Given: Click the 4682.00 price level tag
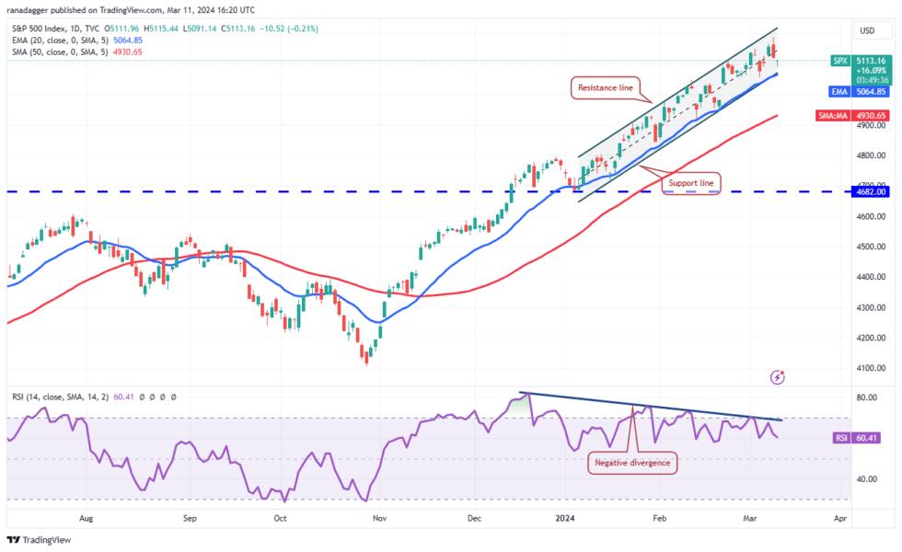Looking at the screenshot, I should click(870, 191).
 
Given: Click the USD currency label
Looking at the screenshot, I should click(866, 30).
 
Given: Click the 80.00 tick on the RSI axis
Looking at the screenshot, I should click(865, 398).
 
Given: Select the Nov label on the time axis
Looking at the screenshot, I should click(378, 519).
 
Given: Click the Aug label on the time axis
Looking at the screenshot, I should click(87, 519).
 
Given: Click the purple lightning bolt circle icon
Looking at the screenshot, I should click(780, 376).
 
